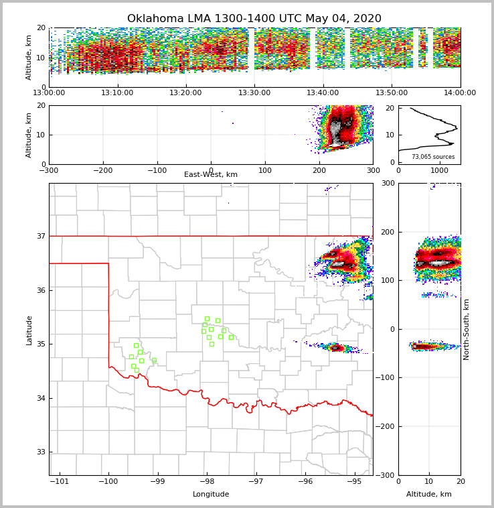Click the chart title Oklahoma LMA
[x=254, y=19]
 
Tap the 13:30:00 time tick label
[x=254, y=93]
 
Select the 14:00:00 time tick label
[x=460, y=93]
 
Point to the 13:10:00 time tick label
[x=118, y=93]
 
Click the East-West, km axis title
[x=211, y=175]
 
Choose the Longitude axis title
[x=211, y=495]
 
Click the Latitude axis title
[x=29, y=330]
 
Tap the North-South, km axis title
[x=467, y=329]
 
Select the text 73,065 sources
[x=433, y=157]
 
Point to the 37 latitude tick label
[x=41, y=236]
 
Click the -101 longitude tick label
[x=60, y=482]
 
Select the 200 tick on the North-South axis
[x=387, y=232]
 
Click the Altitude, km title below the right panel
[x=429, y=495]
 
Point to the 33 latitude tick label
[x=41, y=452]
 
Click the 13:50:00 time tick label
[x=392, y=93]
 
